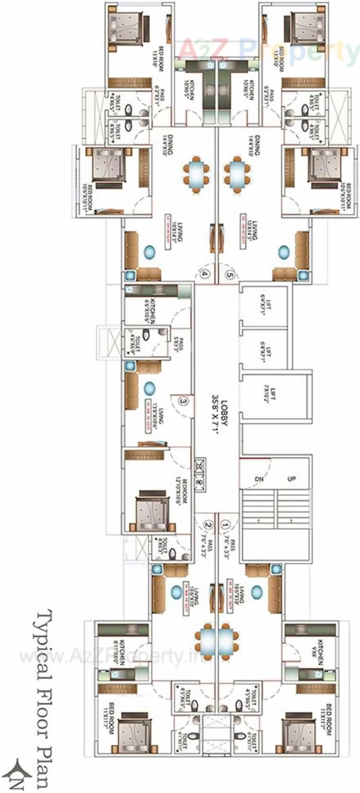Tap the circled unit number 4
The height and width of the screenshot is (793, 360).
point(205,274)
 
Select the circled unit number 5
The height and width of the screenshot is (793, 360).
point(229,274)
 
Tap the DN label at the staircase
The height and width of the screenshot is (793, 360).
point(260,479)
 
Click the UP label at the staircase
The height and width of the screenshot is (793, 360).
point(291,479)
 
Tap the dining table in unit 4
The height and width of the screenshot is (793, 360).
point(197,173)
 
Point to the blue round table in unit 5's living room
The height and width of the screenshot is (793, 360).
point(284,252)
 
